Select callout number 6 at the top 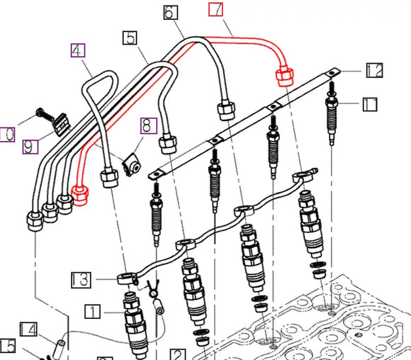click(x=171, y=12)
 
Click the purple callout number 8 click(x=147, y=126)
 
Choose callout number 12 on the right click(x=375, y=69)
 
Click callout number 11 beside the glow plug click(x=371, y=106)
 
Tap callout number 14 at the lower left click(x=28, y=329)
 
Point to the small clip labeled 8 click(x=131, y=166)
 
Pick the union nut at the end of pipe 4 click(x=109, y=176)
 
